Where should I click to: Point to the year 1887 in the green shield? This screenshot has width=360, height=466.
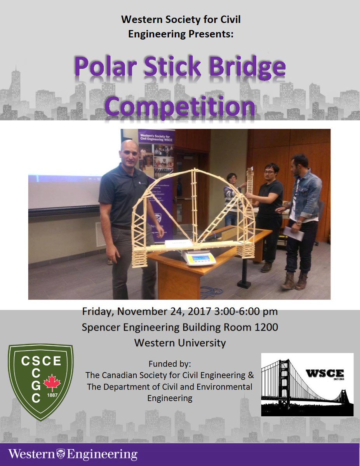tap(52, 396)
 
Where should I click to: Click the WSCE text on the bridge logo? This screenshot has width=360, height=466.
tap(325, 374)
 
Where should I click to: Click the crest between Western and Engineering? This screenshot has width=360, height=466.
tap(61, 454)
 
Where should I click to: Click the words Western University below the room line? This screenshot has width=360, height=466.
tap(180, 343)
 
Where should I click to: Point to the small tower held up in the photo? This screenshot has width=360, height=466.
tap(249, 181)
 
